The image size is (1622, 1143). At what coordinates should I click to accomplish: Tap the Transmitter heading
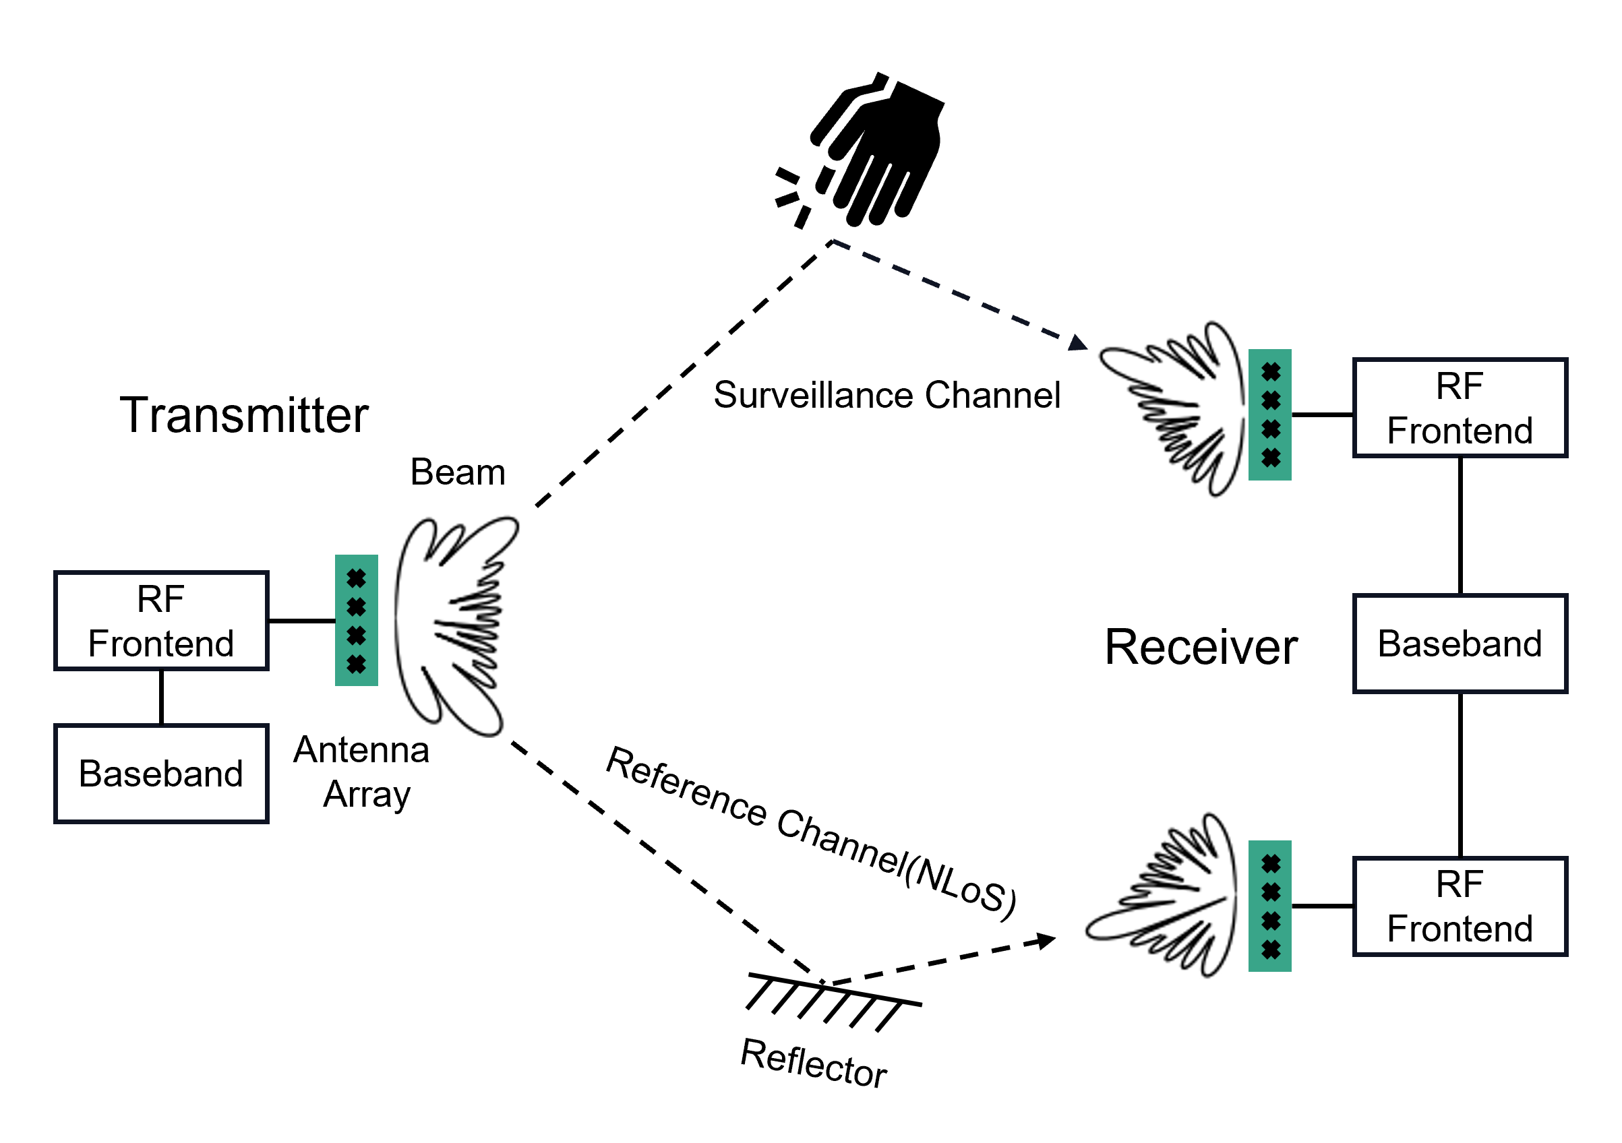point(245,415)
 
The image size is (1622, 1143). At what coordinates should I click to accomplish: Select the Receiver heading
point(1201,647)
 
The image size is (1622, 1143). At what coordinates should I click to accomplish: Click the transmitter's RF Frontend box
point(162,621)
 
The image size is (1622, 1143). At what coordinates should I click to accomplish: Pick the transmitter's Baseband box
point(162,774)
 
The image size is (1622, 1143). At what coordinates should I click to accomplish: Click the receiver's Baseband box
point(1460,644)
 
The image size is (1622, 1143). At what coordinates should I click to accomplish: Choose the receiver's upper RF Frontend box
point(1460,408)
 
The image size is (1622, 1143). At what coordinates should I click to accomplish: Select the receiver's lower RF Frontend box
point(1460,907)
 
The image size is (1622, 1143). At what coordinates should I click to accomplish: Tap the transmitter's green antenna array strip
point(357,621)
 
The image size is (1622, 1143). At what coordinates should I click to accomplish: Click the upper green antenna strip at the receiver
point(1270,415)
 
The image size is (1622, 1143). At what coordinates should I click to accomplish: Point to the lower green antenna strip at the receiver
point(1270,907)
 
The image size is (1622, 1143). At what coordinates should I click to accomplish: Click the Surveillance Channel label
point(887,396)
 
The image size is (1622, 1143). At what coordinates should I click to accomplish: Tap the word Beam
point(458,472)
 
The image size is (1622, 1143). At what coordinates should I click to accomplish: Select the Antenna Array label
point(363,772)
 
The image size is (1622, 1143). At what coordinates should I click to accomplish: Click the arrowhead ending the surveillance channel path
point(1078,343)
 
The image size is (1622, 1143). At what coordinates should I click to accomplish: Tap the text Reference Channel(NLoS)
point(812,835)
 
